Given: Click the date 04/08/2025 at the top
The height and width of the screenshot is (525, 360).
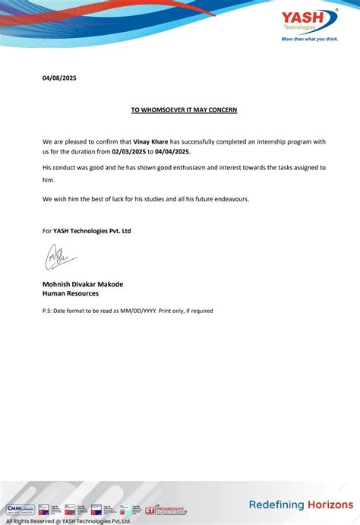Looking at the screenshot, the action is click(59, 78).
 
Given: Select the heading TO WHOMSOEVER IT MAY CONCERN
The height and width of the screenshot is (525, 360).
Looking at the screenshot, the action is click(184, 110).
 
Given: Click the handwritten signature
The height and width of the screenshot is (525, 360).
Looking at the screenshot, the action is click(56, 259).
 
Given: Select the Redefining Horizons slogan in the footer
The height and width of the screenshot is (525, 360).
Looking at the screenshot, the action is click(301, 504).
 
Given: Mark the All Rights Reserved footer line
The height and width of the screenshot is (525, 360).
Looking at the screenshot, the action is click(68, 520).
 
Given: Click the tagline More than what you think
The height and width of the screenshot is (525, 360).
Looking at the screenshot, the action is click(310, 38).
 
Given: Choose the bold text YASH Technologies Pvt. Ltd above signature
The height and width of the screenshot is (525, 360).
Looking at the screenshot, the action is click(92, 231).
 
